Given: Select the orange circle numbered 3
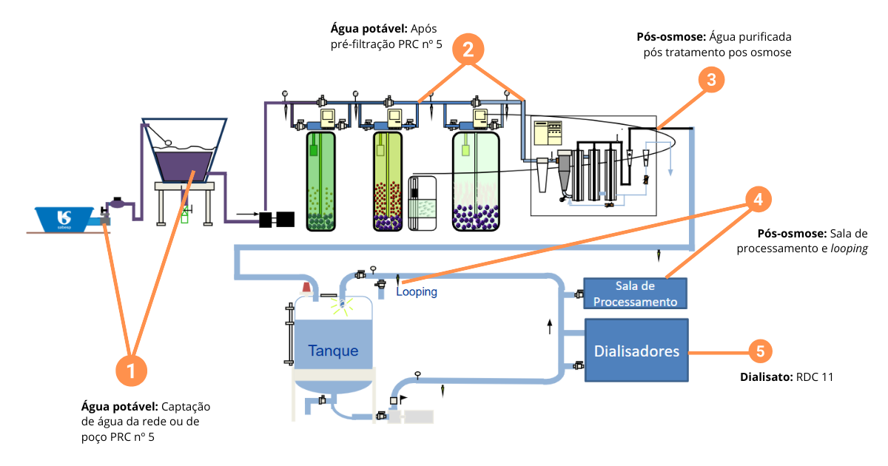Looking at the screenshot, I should pyautogui.click(x=710, y=81).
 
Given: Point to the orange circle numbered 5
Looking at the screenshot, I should pyautogui.click(x=761, y=351).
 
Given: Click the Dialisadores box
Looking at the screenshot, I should pyautogui.click(x=636, y=351).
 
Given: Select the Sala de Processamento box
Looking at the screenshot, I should pyautogui.click(x=636, y=294).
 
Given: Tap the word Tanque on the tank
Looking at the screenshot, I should pyautogui.click(x=333, y=351).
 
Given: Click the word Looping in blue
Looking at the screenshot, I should pyautogui.click(x=417, y=292).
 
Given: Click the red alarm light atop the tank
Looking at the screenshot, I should pyautogui.click(x=305, y=287).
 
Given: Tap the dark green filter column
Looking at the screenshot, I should pyautogui.click(x=322, y=180).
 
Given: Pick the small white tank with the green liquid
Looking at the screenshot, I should pyautogui.click(x=423, y=202).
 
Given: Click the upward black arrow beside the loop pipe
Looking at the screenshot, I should pyautogui.click(x=549, y=326).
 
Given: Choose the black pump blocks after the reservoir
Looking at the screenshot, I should pyautogui.click(x=277, y=219).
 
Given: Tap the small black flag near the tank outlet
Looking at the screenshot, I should pyautogui.click(x=403, y=398).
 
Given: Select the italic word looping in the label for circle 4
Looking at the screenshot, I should pyautogui.click(x=849, y=249).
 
